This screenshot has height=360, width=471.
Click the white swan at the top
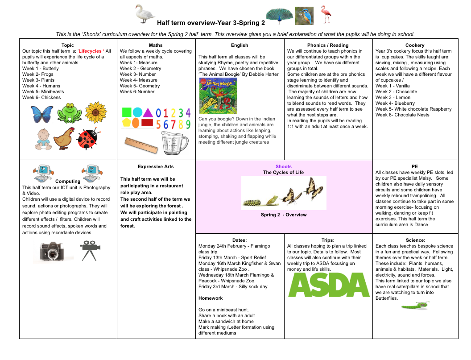(x=145, y=14)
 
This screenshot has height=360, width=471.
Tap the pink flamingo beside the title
(x=326, y=15)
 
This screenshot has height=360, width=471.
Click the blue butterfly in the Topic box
(x=42, y=114)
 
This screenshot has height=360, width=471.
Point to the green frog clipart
(x=69, y=113)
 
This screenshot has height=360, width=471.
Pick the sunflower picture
(x=95, y=112)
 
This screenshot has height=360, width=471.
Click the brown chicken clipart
(x=64, y=138)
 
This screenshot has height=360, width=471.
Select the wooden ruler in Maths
(x=141, y=145)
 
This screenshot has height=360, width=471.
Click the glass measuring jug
(x=174, y=142)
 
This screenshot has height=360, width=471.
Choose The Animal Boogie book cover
(x=218, y=96)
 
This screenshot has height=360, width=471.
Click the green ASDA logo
(x=329, y=285)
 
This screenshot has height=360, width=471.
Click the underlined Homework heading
(x=211, y=298)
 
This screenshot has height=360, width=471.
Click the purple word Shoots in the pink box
(x=283, y=166)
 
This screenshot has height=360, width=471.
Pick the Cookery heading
(x=415, y=45)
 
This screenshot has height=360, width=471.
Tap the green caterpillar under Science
(x=415, y=306)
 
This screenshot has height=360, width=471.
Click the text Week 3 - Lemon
(x=393, y=97)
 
